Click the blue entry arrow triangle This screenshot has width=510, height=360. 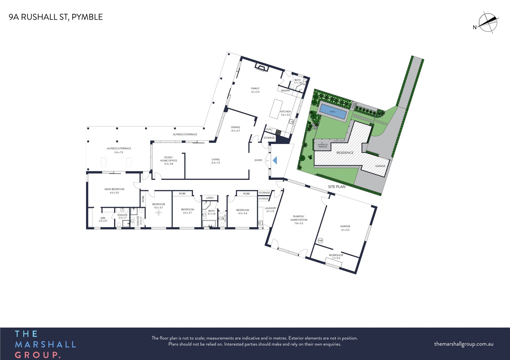point(275,160)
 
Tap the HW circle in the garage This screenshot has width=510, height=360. point(320,241)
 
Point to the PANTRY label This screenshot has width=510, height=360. point(286,91)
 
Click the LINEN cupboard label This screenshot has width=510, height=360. point(210,198)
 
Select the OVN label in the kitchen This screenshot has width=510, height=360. point(269,129)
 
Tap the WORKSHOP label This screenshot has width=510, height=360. point(336,255)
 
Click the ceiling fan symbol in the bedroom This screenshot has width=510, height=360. point(159,212)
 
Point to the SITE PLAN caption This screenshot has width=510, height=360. point(337,187)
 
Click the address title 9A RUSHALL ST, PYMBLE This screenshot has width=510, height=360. point(56,17)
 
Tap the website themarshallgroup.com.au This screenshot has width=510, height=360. point(464,344)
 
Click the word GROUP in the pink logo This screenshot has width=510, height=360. point(37,355)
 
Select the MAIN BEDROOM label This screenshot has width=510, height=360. point(114,189)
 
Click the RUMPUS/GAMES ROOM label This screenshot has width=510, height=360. point(299,218)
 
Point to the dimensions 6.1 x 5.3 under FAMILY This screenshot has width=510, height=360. point(255,92)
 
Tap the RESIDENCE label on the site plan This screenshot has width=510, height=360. point(345,153)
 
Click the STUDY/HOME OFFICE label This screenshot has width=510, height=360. point(168,159)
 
